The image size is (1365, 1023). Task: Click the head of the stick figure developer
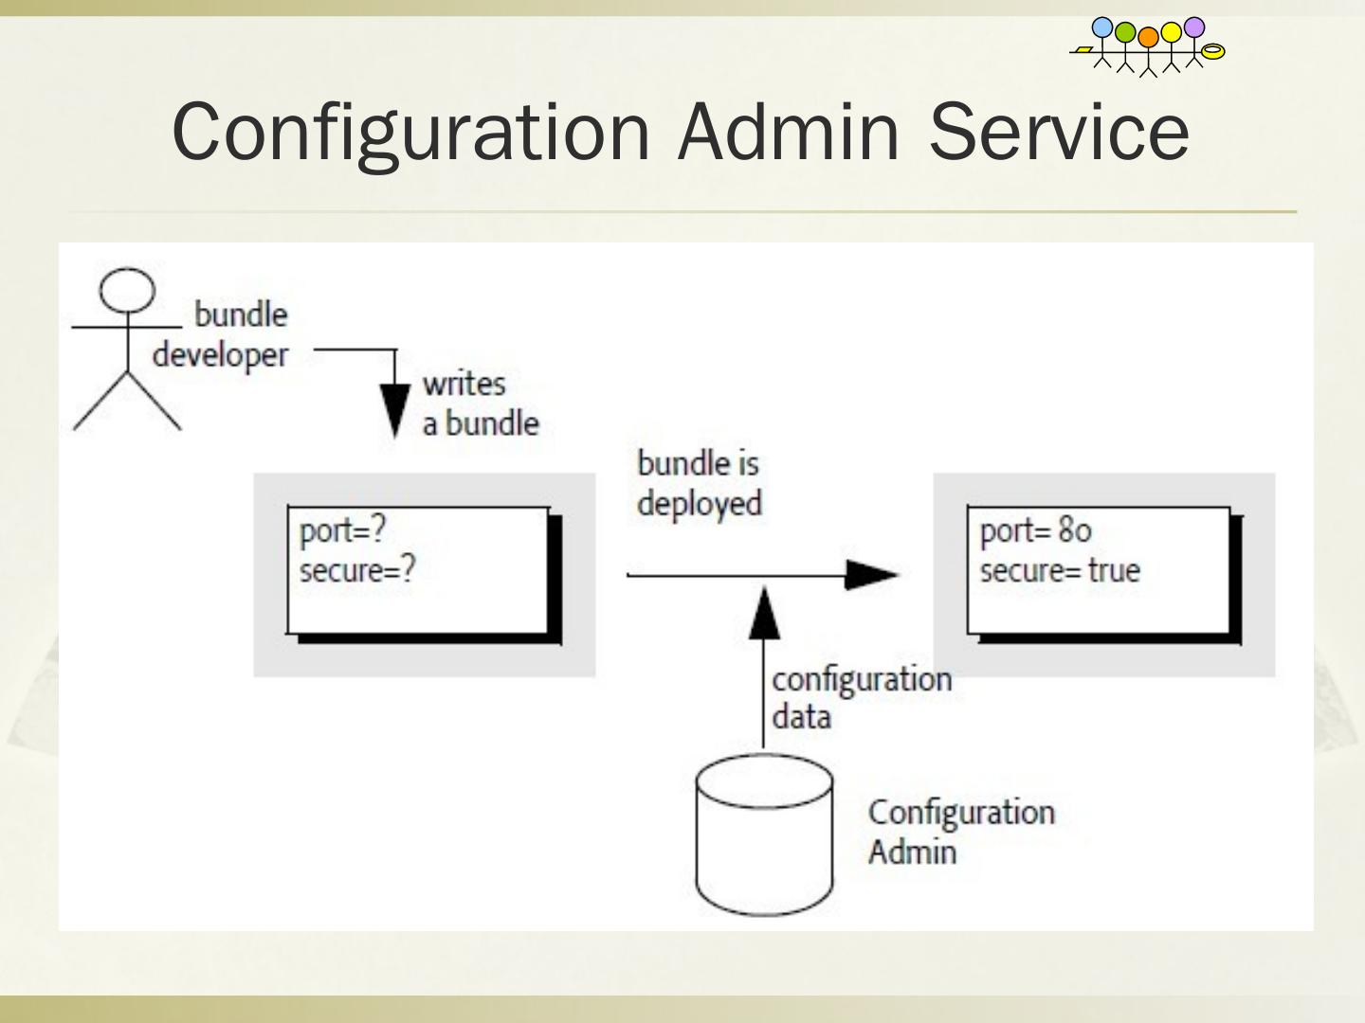(127, 290)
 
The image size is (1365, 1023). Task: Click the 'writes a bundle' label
(480, 404)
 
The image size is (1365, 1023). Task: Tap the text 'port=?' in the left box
(342, 530)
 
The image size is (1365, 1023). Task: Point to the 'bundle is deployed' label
(699, 483)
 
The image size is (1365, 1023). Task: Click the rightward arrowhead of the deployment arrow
(870, 573)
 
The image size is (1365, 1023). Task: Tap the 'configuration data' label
(861, 698)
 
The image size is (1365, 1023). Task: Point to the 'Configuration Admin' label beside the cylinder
(960, 832)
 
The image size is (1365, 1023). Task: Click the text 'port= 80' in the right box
(1035, 530)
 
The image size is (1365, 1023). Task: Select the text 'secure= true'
(1060, 571)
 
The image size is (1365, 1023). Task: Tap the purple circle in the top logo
(1194, 27)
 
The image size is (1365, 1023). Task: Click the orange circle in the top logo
(1148, 37)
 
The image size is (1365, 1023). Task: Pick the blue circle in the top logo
(1102, 27)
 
